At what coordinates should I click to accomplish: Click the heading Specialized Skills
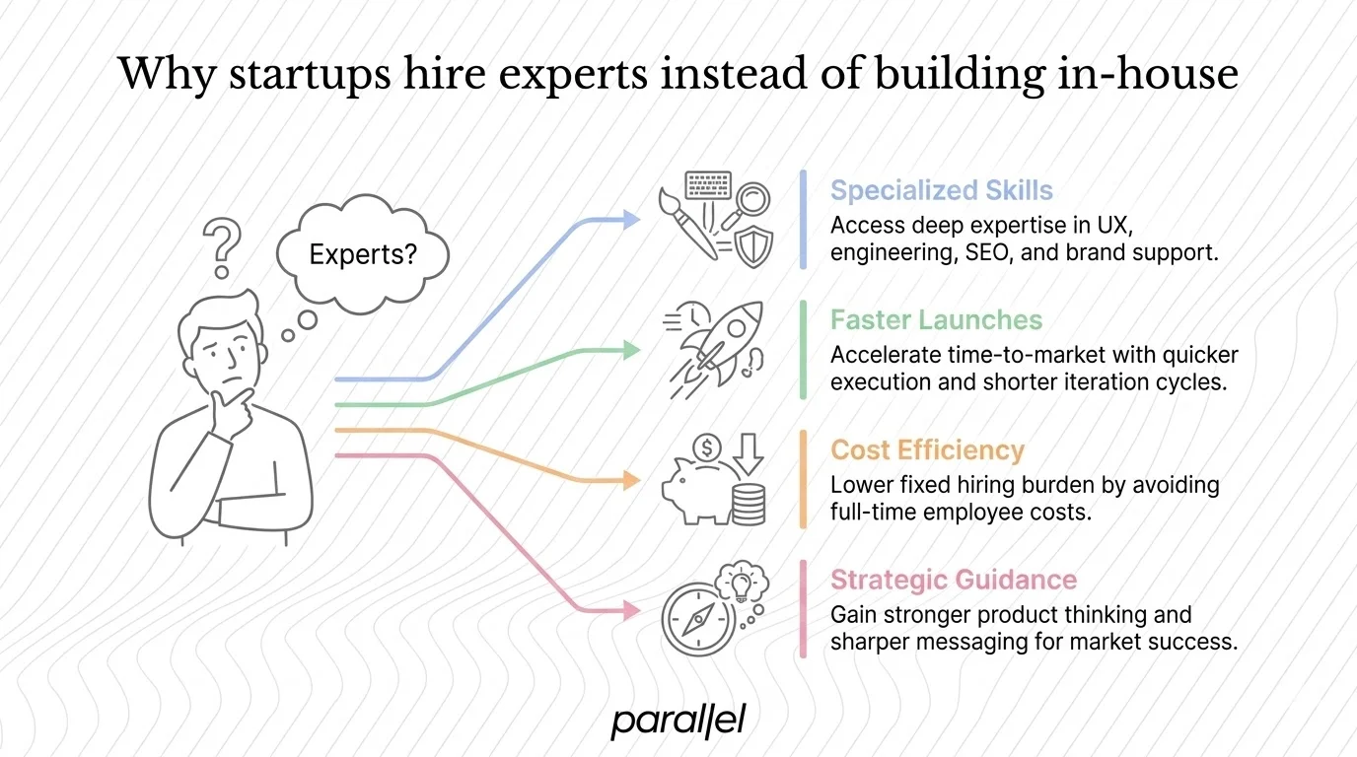click(x=941, y=190)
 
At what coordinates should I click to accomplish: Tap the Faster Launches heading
click(x=936, y=320)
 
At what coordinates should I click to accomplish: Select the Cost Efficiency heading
click(x=927, y=450)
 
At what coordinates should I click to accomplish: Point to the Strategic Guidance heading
click(x=954, y=580)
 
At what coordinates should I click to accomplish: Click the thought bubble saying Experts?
click(x=363, y=255)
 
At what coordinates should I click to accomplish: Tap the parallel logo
click(x=678, y=721)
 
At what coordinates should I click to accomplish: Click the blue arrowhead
click(x=632, y=220)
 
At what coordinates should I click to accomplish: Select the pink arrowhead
click(x=632, y=611)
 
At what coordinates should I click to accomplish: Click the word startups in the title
click(x=302, y=76)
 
